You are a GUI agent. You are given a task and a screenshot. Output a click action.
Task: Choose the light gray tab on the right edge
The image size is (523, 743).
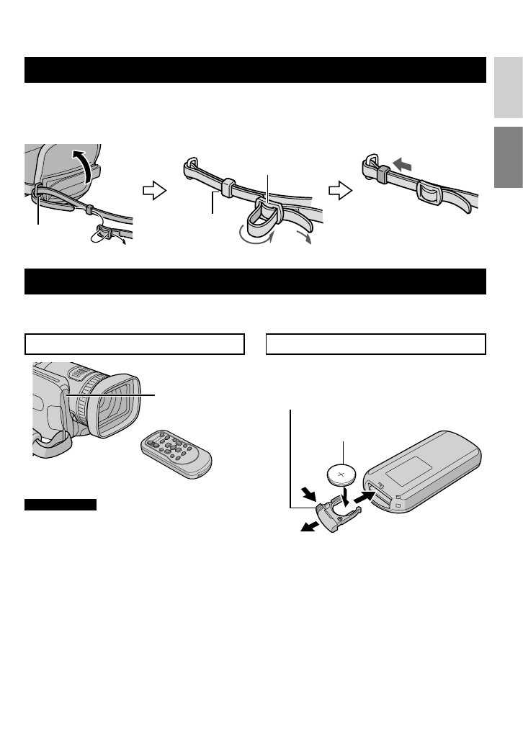point(509,89)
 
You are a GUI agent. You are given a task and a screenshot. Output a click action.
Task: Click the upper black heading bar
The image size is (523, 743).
point(256,70)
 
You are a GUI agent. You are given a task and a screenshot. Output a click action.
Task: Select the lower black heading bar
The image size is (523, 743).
point(256,281)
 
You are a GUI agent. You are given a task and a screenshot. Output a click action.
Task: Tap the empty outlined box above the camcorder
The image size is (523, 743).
point(134,344)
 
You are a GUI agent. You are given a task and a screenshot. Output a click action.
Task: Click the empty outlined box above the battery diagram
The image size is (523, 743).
point(375,344)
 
